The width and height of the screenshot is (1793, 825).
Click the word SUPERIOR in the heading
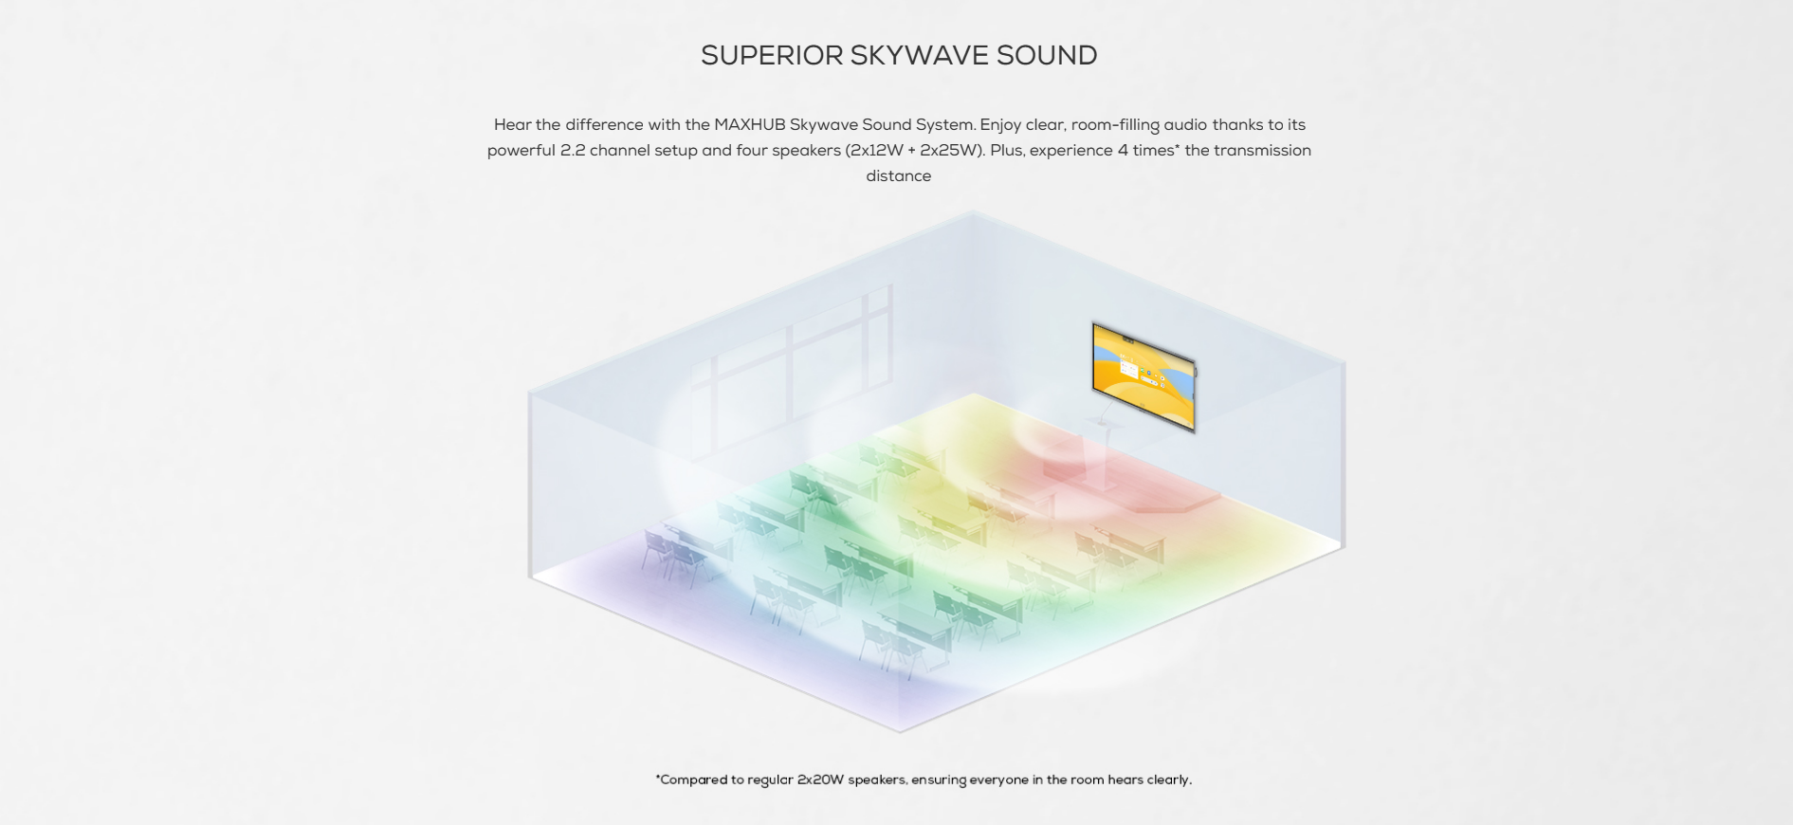pyautogui.click(x=772, y=56)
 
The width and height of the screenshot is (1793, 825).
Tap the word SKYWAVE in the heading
pyautogui.click(x=919, y=56)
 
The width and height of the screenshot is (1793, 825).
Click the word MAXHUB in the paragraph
pyautogui.click(x=749, y=125)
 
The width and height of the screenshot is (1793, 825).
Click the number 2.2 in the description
pyautogui.click(x=573, y=151)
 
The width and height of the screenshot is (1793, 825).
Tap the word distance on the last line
pyautogui.click(x=899, y=176)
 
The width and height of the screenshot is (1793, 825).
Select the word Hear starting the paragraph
pyautogui.click(x=512, y=125)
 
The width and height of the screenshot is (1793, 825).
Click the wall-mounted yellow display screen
pyautogui.click(x=1143, y=377)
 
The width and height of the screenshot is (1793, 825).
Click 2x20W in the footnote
pyautogui.click(x=820, y=780)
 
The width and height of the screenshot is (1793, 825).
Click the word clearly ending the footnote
pyautogui.click(x=1169, y=780)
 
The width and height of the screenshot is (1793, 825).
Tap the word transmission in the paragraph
pyautogui.click(x=1262, y=151)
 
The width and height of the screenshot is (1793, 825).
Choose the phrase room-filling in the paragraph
pyautogui.click(x=1115, y=125)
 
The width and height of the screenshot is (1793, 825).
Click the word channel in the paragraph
pyautogui.click(x=619, y=151)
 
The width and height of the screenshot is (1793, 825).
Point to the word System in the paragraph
pyautogui.click(x=945, y=125)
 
